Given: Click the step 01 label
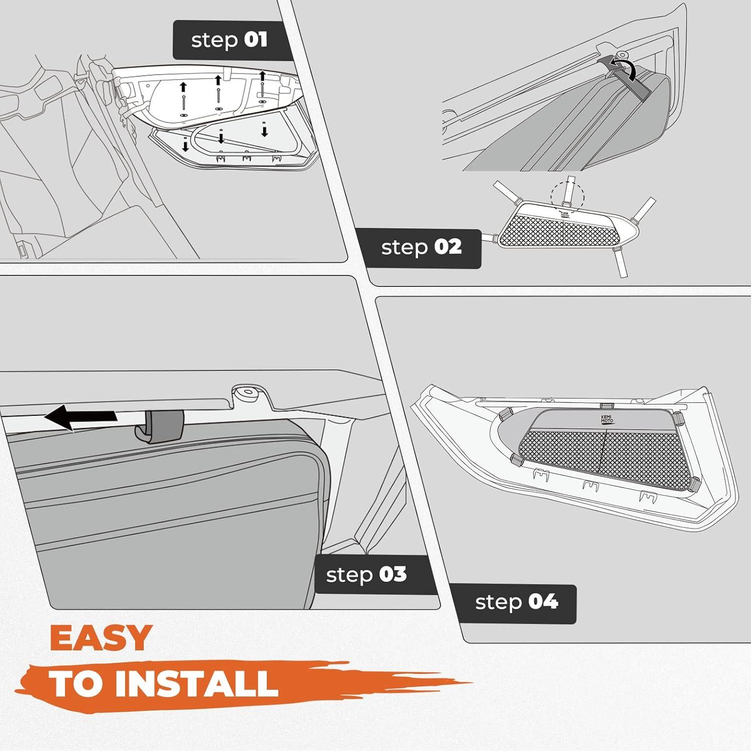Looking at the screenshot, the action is tap(229, 40).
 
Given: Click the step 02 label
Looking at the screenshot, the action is tap(421, 247).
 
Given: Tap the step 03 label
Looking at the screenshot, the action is tap(366, 575).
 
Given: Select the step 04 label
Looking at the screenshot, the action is tap(516, 602).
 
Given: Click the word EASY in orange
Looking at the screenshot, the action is tap(101, 638).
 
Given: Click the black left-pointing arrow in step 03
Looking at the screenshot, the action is tap(80, 417).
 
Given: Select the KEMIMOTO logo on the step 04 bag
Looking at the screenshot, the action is tap(607, 419).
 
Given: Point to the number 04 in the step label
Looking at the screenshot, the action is tap(543, 601).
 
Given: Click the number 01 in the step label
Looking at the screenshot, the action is tap(256, 40).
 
